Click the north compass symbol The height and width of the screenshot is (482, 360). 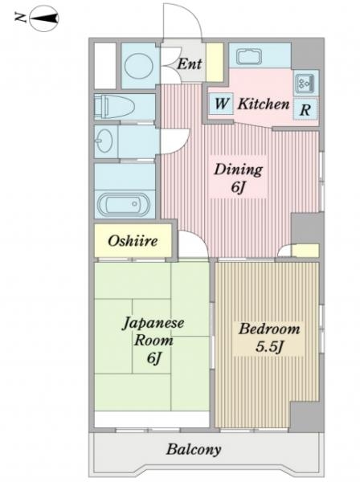[44, 19]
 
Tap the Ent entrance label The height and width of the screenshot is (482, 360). [190, 64]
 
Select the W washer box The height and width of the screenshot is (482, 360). [221, 104]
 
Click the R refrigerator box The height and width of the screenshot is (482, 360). [305, 109]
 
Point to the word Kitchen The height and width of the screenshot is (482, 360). [264, 104]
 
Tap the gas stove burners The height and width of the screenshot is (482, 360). [305, 83]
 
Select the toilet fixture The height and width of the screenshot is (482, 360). [114, 107]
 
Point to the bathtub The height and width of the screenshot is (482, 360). [125, 204]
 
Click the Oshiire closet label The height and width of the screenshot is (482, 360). [133, 241]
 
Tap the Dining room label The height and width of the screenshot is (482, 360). [239, 170]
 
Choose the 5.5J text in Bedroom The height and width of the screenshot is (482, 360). [269, 347]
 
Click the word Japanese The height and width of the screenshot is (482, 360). [153, 324]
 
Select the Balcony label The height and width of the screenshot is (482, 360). [194, 449]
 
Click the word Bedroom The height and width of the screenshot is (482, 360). [269, 329]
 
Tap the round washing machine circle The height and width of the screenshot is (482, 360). [139, 66]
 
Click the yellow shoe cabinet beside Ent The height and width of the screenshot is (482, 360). [215, 63]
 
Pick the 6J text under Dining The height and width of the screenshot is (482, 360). [238, 187]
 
